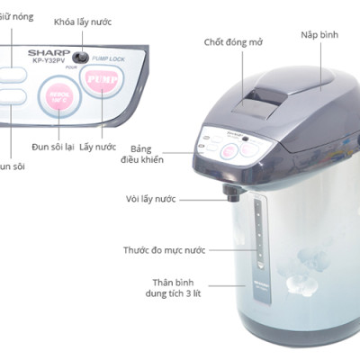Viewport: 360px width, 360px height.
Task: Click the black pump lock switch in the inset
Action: (80, 58)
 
